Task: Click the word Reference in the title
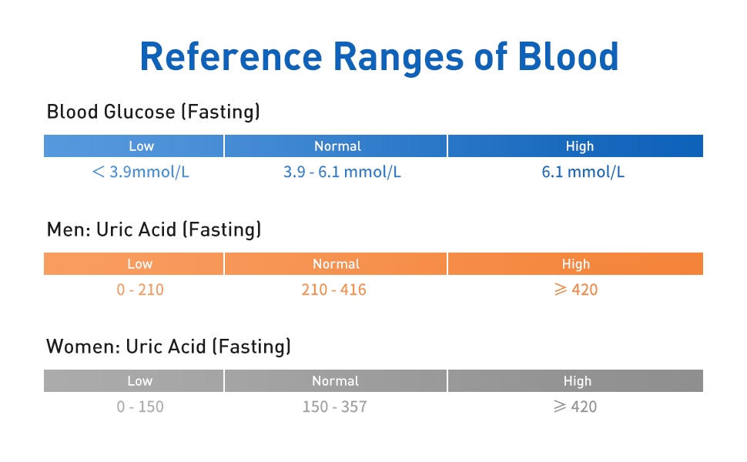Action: point(228,56)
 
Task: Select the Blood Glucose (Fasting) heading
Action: point(153,112)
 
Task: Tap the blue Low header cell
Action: point(133,146)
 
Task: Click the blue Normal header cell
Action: point(336,146)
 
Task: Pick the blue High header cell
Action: point(575,146)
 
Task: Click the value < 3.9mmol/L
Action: point(140,172)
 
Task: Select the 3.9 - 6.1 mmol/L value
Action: point(342,172)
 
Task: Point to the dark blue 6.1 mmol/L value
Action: point(583,172)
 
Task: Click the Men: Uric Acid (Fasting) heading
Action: point(154,229)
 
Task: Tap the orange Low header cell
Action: point(133,264)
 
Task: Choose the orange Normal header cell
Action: point(336,264)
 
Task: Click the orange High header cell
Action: point(575,264)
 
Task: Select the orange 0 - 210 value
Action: point(140,290)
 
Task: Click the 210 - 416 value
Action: point(333,290)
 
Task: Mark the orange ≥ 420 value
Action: point(575,290)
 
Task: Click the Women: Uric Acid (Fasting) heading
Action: point(169,346)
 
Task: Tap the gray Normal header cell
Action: point(336,381)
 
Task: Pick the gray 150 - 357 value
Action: point(334,407)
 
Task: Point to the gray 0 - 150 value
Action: point(140,407)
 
